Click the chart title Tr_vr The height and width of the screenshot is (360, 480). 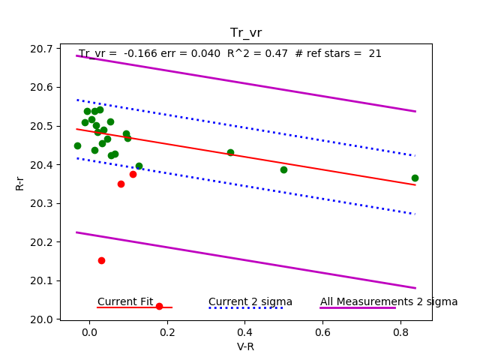click(x=245, y=32)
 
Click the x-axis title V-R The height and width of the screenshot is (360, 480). click(x=245, y=346)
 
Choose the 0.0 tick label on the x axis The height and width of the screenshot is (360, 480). click(x=89, y=332)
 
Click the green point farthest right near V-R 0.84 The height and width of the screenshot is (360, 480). click(x=415, y=178)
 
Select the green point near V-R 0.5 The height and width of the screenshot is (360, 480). click(x=283, y=169)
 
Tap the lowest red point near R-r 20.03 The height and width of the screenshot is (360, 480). click(x=159, y=306)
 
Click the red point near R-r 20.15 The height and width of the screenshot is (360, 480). click(x=101, y=260)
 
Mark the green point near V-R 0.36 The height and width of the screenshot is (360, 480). click(x=230, y=152)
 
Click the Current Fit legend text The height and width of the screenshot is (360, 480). click(x=125, y=301)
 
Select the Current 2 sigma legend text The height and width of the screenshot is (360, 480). click(x=250, y=301)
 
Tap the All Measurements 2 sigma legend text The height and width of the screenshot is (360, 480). click(x=388, y=301)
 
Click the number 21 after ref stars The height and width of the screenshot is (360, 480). click(x=375, y=54)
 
